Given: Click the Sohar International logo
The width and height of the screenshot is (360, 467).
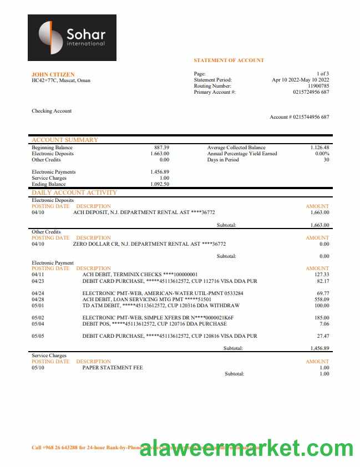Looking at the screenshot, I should (x=72, y=38).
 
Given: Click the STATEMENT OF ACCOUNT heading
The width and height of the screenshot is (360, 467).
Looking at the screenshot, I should (x=229, y=60).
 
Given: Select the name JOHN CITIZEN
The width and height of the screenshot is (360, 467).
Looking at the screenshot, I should (x=53, y=74).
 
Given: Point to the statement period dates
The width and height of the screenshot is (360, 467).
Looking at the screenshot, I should (x=300, y=80).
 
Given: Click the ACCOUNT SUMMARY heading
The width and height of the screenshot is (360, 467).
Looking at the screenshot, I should (x=65, y=140).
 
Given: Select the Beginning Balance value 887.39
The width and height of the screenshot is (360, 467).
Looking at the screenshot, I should (x=161, y=148).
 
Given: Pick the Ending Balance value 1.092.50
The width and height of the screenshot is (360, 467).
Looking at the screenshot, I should (x=160, y=184).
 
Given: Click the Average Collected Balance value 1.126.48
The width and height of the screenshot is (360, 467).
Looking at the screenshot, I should (x=320, y=148).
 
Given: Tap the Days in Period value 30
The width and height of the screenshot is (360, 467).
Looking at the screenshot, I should (x=326, y=160).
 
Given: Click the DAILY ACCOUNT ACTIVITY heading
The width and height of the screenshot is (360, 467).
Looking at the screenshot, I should (x=74, y=192).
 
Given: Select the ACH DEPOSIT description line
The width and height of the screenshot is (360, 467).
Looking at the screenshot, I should (x=144, y=212).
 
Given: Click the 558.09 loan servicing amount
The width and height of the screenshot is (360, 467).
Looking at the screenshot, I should (x=322, y=299).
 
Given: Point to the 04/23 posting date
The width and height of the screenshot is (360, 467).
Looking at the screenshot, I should (x=38, y=281).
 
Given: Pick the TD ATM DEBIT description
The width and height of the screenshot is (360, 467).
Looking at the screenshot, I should (x=161, y=306).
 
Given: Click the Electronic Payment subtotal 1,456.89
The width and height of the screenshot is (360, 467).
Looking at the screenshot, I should (x=320, y=348).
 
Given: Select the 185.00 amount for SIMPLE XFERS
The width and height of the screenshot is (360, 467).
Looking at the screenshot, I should (x=322, y=318).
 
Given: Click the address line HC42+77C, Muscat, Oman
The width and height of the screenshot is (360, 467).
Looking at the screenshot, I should (x=61, y=80).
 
